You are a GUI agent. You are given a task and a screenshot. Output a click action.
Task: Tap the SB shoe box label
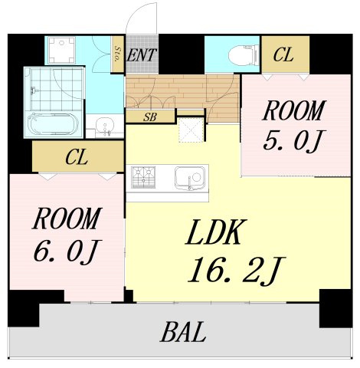click(151, 117)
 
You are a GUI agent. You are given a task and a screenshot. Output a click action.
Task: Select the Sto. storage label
click(118, 55)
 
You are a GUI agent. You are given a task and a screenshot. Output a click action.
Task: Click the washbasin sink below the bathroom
click(106, 126)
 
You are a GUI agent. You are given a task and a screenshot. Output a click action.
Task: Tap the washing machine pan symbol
click(61, 51)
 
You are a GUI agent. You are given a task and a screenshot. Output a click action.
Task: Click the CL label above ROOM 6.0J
click(76, 158)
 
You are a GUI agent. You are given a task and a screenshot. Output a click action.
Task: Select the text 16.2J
click(234, 270)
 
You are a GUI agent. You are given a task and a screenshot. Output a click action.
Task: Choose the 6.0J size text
click(66, 251)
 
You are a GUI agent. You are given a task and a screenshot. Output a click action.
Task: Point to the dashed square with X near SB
click(190, 132)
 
